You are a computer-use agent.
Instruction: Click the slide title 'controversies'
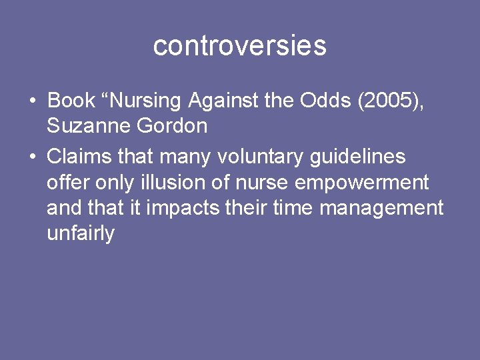click(239, 46)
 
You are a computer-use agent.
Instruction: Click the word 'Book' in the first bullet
click(71, 101)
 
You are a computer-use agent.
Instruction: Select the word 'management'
click(381, 208)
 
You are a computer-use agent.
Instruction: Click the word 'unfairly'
click(81, 233)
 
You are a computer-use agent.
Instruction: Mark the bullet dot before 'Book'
click(32, 101)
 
